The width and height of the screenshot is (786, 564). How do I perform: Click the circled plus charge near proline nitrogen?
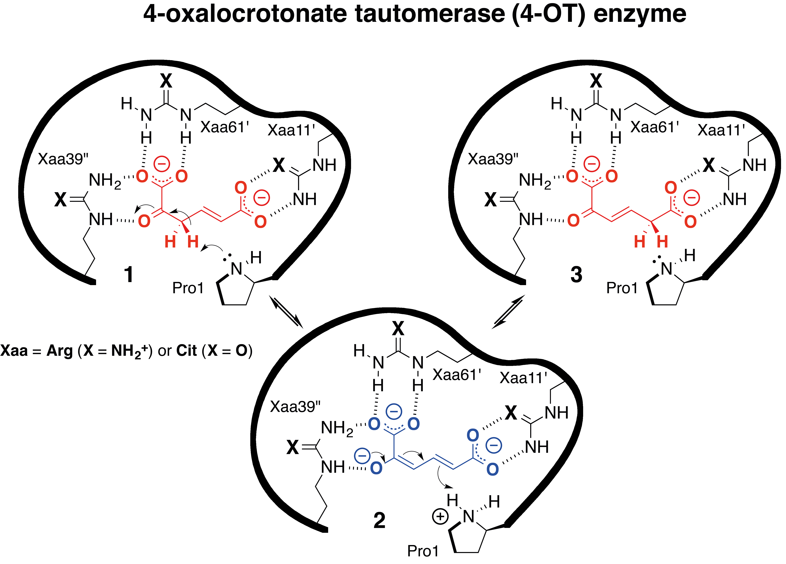point(440,517)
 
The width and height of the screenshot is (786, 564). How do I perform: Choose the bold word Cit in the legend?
point(186,351)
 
